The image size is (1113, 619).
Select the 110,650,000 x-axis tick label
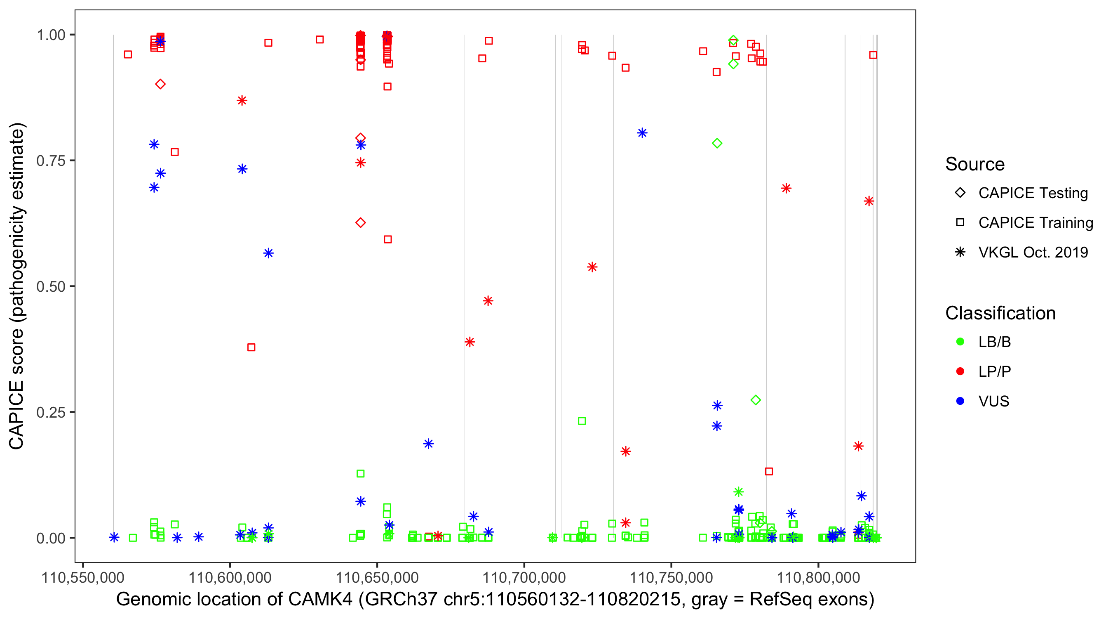pos(377,577)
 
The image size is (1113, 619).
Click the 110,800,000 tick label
pos(818,577)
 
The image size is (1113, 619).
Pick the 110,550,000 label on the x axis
pos(82,577)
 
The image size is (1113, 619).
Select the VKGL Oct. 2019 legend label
pos(1033,252)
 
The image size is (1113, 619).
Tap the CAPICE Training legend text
pos(1036,223)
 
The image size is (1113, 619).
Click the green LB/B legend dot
pos(960,342)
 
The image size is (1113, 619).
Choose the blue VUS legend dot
pos(960,401)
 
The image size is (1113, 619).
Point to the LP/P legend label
pos(995,371)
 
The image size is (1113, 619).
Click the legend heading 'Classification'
pos(1000,313)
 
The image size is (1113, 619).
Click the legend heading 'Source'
pos(975,164)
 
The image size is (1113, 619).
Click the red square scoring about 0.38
pos(251,347)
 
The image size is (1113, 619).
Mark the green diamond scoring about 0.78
pos(717,143)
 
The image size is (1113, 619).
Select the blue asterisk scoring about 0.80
pos(642,133)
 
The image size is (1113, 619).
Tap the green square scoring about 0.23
pos(582,421)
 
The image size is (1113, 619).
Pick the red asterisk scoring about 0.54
pos(592,267)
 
